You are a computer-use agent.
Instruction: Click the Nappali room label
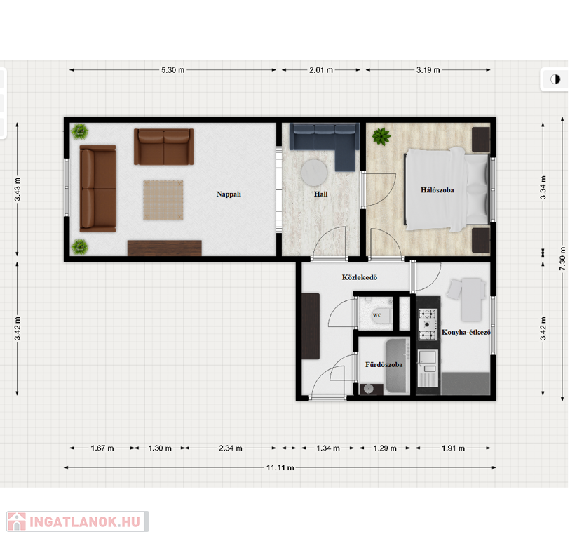229,194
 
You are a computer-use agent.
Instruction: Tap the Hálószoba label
437,190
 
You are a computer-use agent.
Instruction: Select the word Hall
320,194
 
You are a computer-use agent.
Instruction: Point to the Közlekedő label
360,277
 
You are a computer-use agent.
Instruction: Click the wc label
376,315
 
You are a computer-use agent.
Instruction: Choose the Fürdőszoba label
384,365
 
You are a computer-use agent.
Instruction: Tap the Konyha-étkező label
466,332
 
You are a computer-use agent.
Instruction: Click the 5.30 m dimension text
172,70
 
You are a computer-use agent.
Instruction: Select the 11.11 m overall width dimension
280,467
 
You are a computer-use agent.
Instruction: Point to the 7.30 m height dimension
562,258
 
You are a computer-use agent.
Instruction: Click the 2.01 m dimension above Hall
321,70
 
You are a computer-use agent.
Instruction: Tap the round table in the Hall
314,173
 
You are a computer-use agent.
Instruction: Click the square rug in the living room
163,200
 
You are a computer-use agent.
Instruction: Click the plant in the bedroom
381,136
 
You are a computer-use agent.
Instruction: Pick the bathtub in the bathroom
397,366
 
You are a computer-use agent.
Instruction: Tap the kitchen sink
428,357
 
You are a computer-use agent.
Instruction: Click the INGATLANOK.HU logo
78,521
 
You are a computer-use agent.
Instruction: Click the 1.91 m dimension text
453,448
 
